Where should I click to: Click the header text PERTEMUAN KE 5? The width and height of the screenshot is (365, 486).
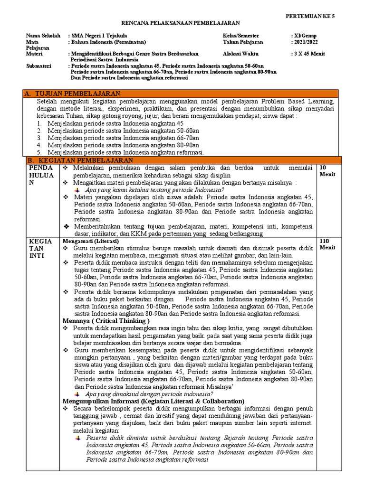click(310, 16)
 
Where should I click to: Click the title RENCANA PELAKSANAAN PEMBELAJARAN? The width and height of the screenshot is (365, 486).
click(181, 23)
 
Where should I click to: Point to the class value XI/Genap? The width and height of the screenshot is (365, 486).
click(307, 36)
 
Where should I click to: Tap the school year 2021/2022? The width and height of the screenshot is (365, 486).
click(306, 42)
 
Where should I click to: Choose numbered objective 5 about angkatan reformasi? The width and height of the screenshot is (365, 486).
click(125, 152)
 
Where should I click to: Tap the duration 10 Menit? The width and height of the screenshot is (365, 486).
click(327, 171)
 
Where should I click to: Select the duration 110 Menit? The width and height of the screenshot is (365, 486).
click(327, 244)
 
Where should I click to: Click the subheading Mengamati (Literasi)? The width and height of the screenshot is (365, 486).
click(91, 241)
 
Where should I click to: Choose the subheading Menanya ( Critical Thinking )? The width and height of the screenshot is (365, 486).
click(106, 321)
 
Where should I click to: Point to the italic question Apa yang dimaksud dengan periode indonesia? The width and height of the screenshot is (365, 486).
click(149, 394)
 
